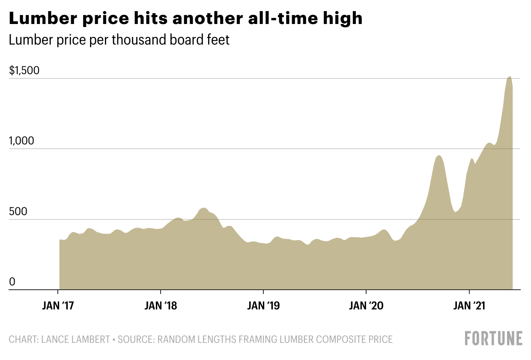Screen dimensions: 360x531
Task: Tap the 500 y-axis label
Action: tap(18, 212)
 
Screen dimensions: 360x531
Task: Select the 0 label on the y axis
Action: tap(12, 282)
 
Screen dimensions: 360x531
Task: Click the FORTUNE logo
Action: tap(494, 338)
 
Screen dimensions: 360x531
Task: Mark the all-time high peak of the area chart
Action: tap(509, 77)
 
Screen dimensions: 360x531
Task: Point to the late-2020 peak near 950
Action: tap(439, 156)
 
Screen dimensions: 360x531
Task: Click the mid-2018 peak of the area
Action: tap(204, 208)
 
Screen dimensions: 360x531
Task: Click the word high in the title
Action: tap(342, 18)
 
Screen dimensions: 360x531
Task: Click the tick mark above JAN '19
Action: tap(263, 293)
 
